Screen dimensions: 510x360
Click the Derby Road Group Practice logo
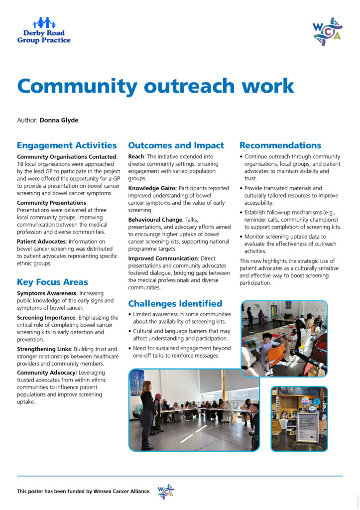pos(44,30)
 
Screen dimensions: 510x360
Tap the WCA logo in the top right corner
pos(327,31)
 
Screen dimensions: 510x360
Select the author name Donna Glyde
pos(59,120)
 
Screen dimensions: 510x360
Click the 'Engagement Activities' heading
pos(67,145)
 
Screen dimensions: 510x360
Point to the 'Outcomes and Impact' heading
pos(176,145)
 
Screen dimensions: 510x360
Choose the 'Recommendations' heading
pos(280,145)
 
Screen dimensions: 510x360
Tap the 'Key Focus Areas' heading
pos(52,282)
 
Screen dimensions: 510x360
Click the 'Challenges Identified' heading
pos(175,303)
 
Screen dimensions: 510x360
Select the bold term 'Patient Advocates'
pos(41,242)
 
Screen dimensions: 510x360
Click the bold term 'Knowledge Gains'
pos(151,188)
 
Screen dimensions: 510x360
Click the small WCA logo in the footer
pos(166,492)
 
